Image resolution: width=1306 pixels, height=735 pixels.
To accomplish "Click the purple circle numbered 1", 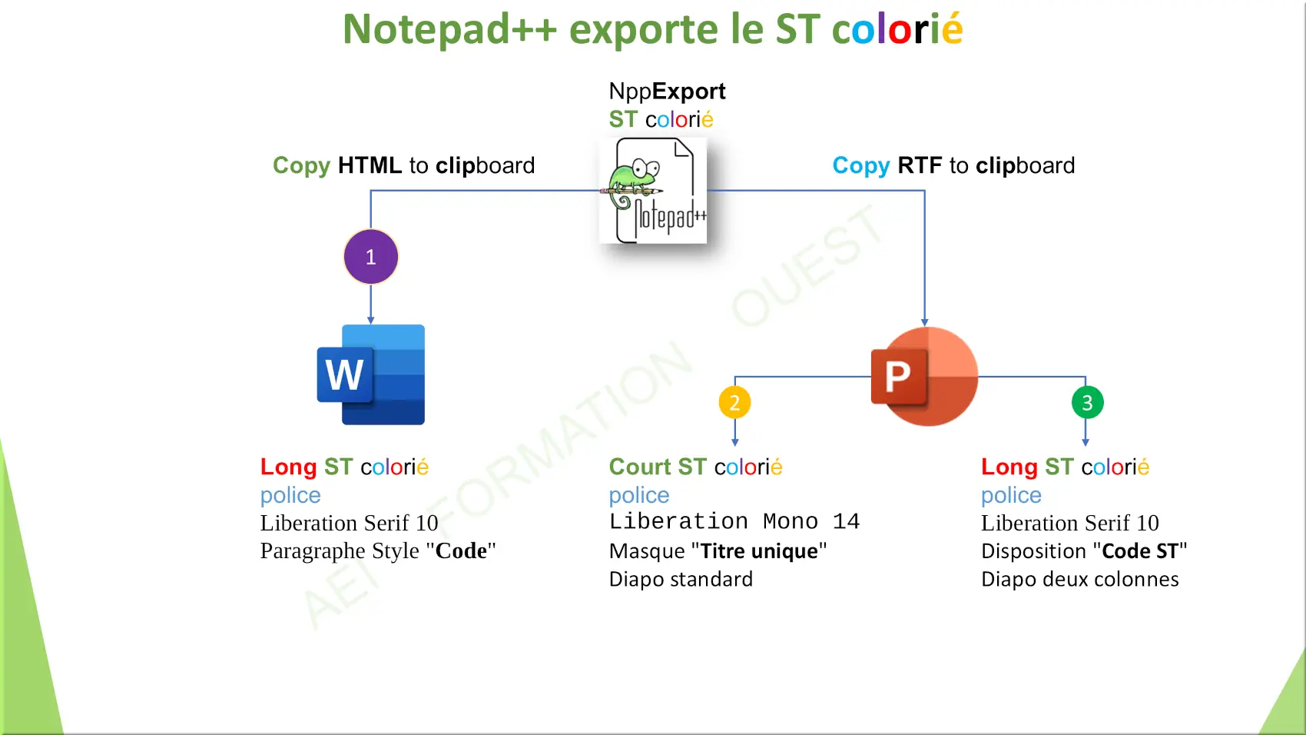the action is point(371,257).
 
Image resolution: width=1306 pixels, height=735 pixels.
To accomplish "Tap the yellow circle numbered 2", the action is point(734,403).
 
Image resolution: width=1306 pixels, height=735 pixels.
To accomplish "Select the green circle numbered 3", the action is point(1087,403).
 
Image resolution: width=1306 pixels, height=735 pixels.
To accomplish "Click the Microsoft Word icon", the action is point(371,374).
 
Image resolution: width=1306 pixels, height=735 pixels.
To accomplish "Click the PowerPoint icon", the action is point(924,376).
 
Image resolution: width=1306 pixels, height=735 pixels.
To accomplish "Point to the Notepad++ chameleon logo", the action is point(653,190).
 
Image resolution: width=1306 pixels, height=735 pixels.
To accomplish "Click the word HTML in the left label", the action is point(370,165).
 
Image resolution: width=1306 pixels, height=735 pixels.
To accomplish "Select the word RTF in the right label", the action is point(920,165).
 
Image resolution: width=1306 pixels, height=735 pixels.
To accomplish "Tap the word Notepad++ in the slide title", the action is point(449,29).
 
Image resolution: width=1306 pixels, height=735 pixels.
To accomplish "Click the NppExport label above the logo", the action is point(667,91).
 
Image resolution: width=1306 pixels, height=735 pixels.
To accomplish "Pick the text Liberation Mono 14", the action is point(734,521).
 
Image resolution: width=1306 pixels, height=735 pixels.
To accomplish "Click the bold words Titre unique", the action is point(758,550).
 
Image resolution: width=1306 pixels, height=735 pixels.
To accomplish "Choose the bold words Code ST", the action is point(1140,550).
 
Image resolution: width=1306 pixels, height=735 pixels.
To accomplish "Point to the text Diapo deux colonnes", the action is point(1080,579).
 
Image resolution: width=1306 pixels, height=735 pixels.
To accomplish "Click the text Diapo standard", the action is point(681,579).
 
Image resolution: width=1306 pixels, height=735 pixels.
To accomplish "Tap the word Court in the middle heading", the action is point(640,467).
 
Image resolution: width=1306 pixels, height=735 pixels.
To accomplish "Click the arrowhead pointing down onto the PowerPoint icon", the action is point(925,322).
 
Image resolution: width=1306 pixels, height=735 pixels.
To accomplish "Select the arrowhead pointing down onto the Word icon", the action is point(371,321).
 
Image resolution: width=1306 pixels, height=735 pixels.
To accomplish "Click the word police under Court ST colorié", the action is point(639,496).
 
